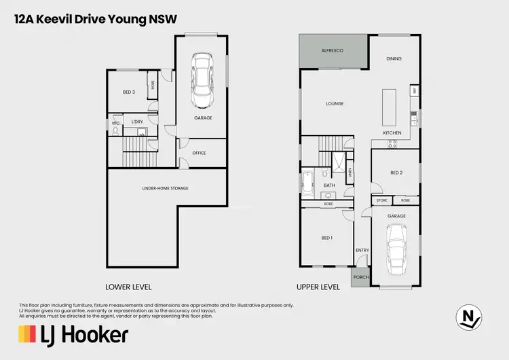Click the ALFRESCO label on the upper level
pos(333,51)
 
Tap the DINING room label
pos(394,59)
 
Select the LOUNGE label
pos(334,104)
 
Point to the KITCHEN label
pos(392,132)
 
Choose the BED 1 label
pos(327,238)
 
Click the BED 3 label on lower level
pos(129,92)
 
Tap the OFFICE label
pos(199,153)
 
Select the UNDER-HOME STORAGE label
pos(165,187)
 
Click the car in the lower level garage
pos(202,82)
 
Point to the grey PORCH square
pos(361,277)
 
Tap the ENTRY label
pos(362,251)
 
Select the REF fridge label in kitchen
pos(413,90)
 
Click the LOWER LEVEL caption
pos(128,287)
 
